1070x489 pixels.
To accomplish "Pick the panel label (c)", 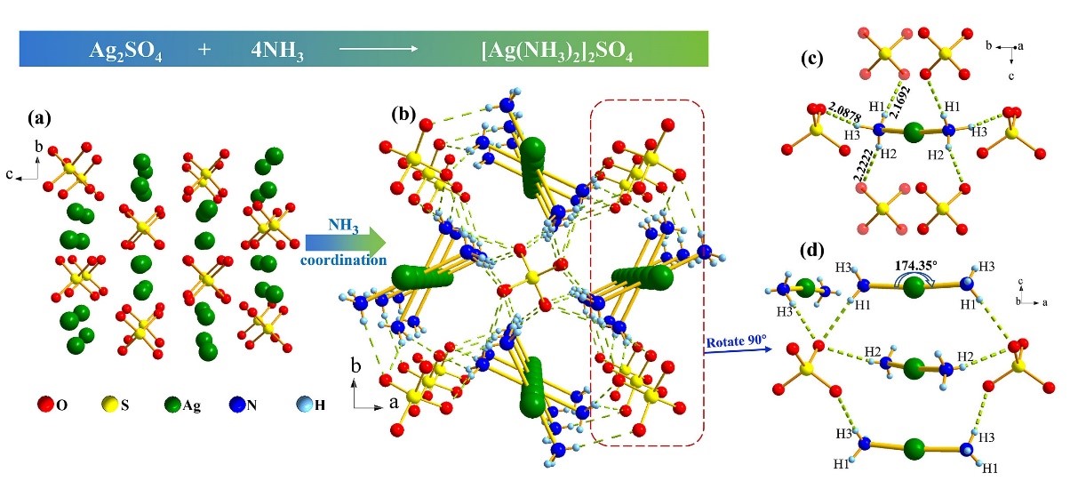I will coord(811,60).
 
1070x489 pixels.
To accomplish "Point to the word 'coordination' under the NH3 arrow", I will coord(343,260).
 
